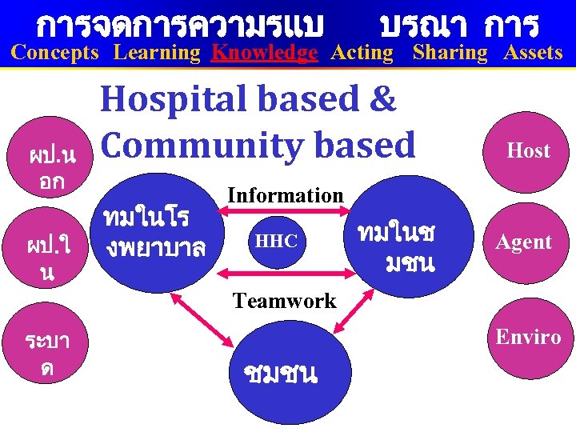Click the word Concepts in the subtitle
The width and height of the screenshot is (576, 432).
[55, 54]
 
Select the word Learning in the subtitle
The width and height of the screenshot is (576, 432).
[157, 54]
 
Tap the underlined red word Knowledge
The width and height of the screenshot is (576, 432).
[264, 54]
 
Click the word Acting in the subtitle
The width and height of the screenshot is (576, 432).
[362, 54]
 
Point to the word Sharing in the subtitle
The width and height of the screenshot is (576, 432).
[450, 54]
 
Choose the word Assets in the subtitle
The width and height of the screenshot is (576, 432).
[533, 54]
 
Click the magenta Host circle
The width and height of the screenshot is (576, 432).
[528, 150]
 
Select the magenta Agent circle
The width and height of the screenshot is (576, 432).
[524, 242]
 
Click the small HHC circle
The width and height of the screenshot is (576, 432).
[276, 240]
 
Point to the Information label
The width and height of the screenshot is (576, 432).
[286, 195]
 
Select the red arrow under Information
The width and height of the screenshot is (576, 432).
[285, 212]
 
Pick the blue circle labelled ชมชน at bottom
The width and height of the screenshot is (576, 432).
[284, 372]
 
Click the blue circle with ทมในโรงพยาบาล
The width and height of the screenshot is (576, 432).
[152, 232]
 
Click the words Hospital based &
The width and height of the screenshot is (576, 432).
[248, 99]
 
